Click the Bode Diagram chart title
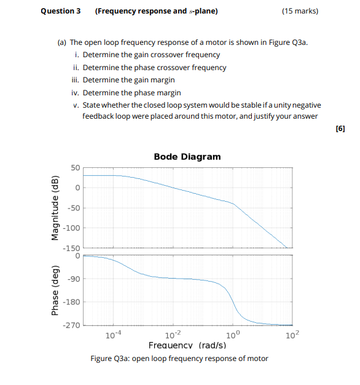187,157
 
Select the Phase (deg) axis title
55,291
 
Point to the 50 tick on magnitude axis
75,168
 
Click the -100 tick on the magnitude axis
71,228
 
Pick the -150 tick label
71,248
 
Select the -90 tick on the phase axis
73,280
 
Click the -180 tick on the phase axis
71,302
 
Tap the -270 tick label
71,325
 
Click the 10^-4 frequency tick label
113,335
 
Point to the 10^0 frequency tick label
233,335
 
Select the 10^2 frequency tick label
292,335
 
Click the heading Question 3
60,11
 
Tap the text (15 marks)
300,11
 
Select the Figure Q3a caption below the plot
179,359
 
